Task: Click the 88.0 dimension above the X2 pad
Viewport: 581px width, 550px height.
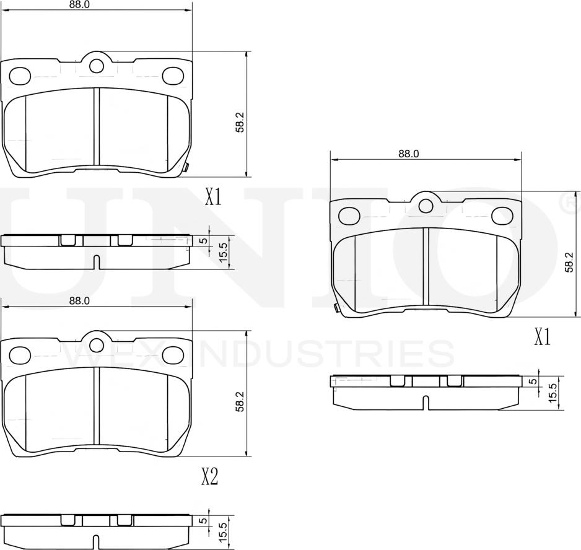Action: point(79,301)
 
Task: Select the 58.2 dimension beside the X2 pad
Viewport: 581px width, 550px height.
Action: point(240,401)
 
